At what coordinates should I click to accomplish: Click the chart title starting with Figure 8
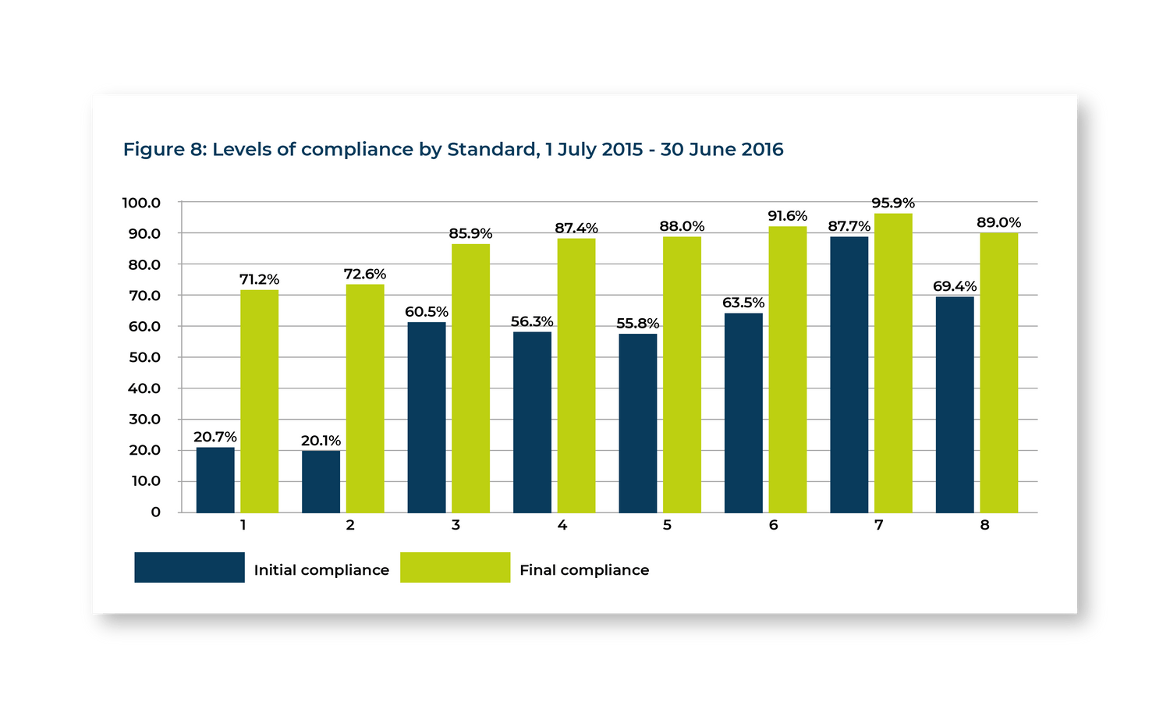point(453,149)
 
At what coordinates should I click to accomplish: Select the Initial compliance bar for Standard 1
point(215,480)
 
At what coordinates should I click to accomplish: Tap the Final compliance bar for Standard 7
point(893,363)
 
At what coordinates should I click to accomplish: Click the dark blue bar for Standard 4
point(532,422)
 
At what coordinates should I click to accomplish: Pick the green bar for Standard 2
point(365,398)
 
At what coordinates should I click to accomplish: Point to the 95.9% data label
point(893,204)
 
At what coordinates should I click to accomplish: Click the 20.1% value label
point(321,441)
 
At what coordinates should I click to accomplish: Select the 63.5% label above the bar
point(743,303)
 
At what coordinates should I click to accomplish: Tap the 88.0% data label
point(682,226)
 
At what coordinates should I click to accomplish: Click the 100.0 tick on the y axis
point(141,203)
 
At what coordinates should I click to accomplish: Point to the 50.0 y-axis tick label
point(144,357)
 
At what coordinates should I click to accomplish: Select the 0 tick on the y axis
point(156,512)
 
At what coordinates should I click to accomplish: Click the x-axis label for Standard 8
point(984,525)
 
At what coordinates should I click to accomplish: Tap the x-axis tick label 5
point(667,525)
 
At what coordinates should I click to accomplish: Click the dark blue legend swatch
point(190,568)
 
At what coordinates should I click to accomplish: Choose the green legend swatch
point(456,568)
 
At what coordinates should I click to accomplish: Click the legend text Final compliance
point(584,570)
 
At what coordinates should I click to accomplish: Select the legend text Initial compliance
point(321,570)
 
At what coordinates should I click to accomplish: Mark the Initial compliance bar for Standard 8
point(955,404)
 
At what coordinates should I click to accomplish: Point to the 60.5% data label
point(427,312)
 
